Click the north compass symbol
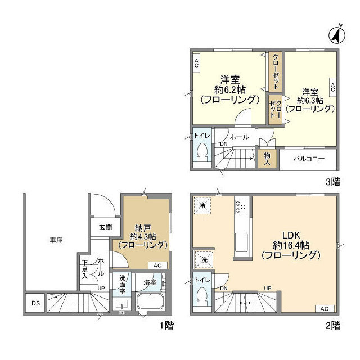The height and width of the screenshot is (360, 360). [337, 35]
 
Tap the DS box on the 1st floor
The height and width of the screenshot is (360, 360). [35, 303]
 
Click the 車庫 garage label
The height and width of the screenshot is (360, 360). [56, 240]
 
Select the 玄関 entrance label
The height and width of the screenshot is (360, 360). [106, 227]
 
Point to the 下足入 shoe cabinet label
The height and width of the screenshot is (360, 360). [85, 269]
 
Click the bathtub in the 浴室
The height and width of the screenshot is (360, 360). [150, 301]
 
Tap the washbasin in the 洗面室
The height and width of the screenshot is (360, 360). [122, 305]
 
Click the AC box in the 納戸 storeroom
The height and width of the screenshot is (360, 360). [157, 265]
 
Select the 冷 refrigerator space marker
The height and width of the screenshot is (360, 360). [202, 205]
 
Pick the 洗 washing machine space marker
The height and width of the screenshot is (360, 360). [204, 260]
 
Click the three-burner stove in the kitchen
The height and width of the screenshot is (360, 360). [241, 207]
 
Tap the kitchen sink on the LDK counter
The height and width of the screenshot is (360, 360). [241, 242]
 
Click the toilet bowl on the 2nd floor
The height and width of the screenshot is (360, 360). [202, 295]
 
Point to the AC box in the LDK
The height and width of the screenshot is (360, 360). [325, 309]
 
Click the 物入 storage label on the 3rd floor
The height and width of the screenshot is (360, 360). [267, 159]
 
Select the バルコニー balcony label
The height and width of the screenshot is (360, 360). [309, 159]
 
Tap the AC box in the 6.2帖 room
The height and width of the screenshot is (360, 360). [196, 63]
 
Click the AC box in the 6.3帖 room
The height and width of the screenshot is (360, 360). [333, 88]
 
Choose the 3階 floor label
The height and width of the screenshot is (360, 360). [333, 182]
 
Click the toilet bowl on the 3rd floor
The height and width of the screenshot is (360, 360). [202, 151]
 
